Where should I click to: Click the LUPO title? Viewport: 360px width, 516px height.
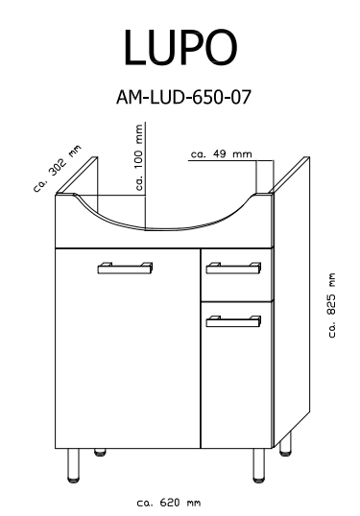click(x=180, y=47)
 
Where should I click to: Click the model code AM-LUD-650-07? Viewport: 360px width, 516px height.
click(x=183, y=98)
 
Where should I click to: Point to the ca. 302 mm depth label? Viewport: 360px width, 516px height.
click(x=57, y=169)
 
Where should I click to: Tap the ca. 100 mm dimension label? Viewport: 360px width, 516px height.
click(x=139, y=157)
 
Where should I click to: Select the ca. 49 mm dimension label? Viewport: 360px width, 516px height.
click(x=222, y=154)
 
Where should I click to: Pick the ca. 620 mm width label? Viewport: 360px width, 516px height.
click(x=168, y=503)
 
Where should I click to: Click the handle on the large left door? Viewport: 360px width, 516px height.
click(x=125, y=268)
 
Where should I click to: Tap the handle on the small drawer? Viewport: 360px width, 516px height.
click(x=233, y=268)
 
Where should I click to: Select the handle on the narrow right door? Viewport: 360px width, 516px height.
click(x=233, y=321)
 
